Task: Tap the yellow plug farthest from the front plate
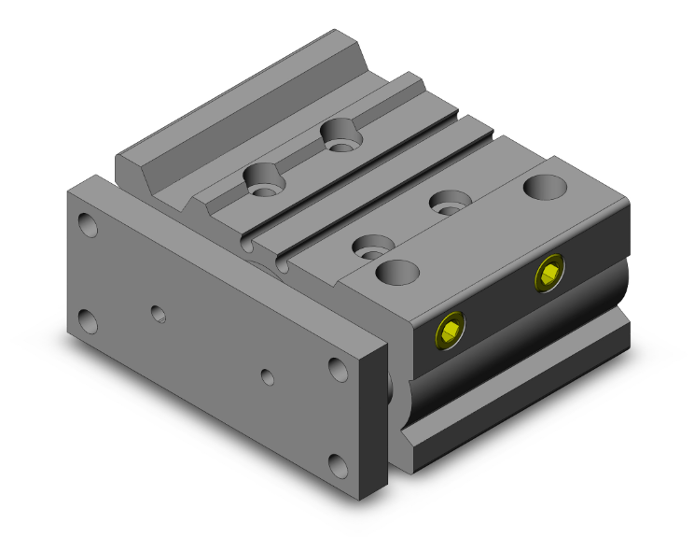tap(549, 276)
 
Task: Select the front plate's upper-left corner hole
tap(88, 225)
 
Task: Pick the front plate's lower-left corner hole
tap(89, 321)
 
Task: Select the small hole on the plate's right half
tap(268, 377)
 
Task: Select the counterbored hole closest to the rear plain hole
tap(449, 201)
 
